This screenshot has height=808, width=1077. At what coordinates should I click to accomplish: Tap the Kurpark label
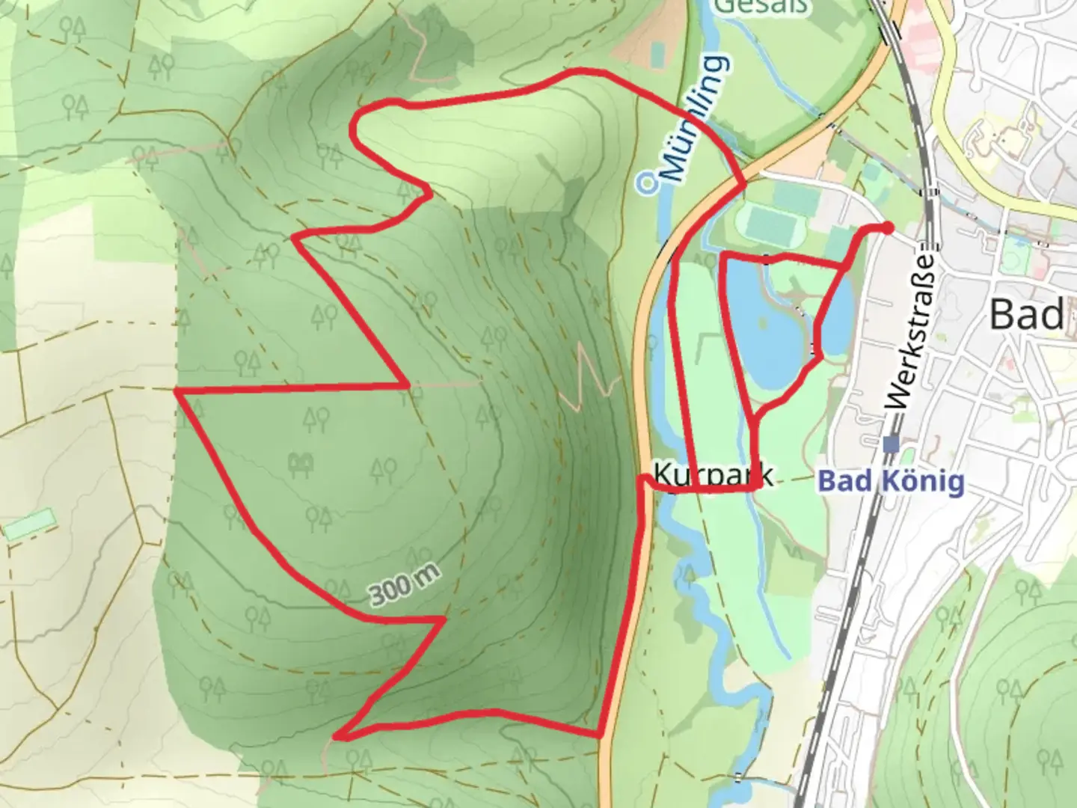click(x=713, y=475)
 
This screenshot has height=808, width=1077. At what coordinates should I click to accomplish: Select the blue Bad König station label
click(x=891, y=481)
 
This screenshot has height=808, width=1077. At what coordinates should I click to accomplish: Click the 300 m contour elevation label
click(x=404, y=584)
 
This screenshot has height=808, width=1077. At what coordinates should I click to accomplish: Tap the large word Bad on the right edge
click(x=1026, y=314)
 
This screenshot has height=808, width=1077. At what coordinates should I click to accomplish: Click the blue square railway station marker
click(x=890, y=444)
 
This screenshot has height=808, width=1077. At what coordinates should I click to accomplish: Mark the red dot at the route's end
click(x=887, y=227)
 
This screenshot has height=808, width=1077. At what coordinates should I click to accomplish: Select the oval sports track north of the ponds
click(x=770, y=223)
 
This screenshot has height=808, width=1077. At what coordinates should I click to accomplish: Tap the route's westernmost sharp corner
click(x=177, y=391)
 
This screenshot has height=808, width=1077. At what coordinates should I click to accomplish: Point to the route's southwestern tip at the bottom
click(x=337, y=737)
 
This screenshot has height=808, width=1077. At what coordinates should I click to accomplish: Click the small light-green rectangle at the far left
click(x=30, y=524)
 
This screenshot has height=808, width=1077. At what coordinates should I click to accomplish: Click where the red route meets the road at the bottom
click(x=600, y=735)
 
